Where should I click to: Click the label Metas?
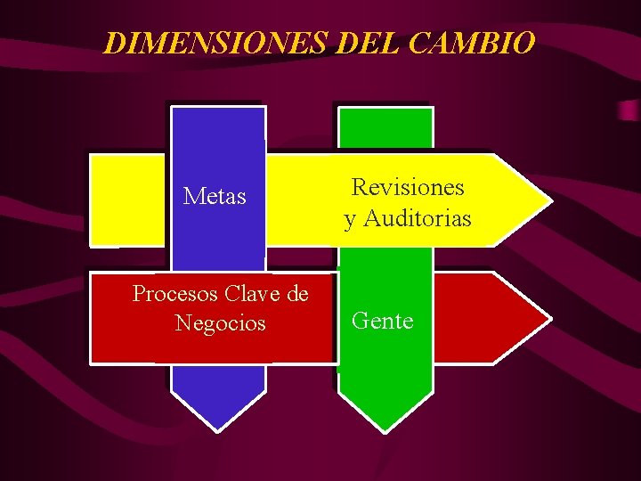click(215, 196)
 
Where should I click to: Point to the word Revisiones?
click(408, 187)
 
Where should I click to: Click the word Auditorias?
click(418, 218)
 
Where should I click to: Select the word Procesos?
click(175, 293)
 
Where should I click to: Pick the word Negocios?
click(220, 322)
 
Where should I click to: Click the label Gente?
click(383, 321)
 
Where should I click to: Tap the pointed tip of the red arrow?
click(548, 317)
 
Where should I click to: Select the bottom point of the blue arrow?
click(218, 431)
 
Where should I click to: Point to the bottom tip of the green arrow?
click(385, 431)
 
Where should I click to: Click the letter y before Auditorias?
click(350, 220)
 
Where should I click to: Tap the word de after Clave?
click(298, 293)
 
